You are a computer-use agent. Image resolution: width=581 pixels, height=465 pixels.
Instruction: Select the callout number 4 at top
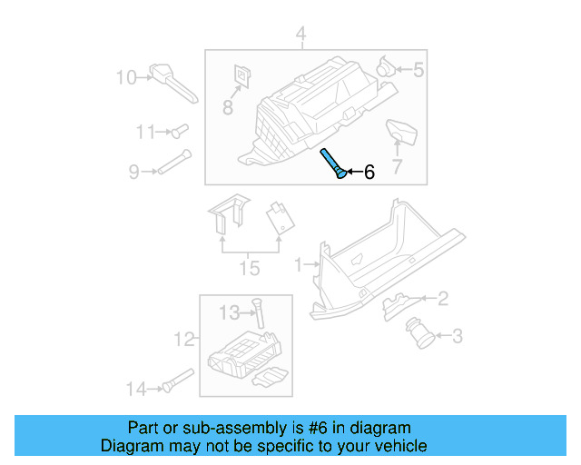(x=300, y=36)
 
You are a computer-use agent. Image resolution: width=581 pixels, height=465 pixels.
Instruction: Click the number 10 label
(x=125, y=77)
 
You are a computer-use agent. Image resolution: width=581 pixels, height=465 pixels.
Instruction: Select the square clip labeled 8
(x=242, y=75)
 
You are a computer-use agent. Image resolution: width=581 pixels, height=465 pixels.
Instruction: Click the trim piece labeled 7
(x=401, y=133)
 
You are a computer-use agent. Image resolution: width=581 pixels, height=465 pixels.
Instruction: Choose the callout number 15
(x=249, y=268)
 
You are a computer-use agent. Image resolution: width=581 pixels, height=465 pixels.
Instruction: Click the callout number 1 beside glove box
(x=299, y=265)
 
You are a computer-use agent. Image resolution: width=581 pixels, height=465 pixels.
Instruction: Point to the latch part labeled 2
(x=402, y=302)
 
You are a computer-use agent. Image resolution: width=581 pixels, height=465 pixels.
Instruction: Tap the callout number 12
(x=184, y=340)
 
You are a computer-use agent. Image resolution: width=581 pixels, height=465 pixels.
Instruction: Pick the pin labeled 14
(x=177, y=382)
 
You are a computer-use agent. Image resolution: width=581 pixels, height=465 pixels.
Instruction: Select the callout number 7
(x=396, y=166)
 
